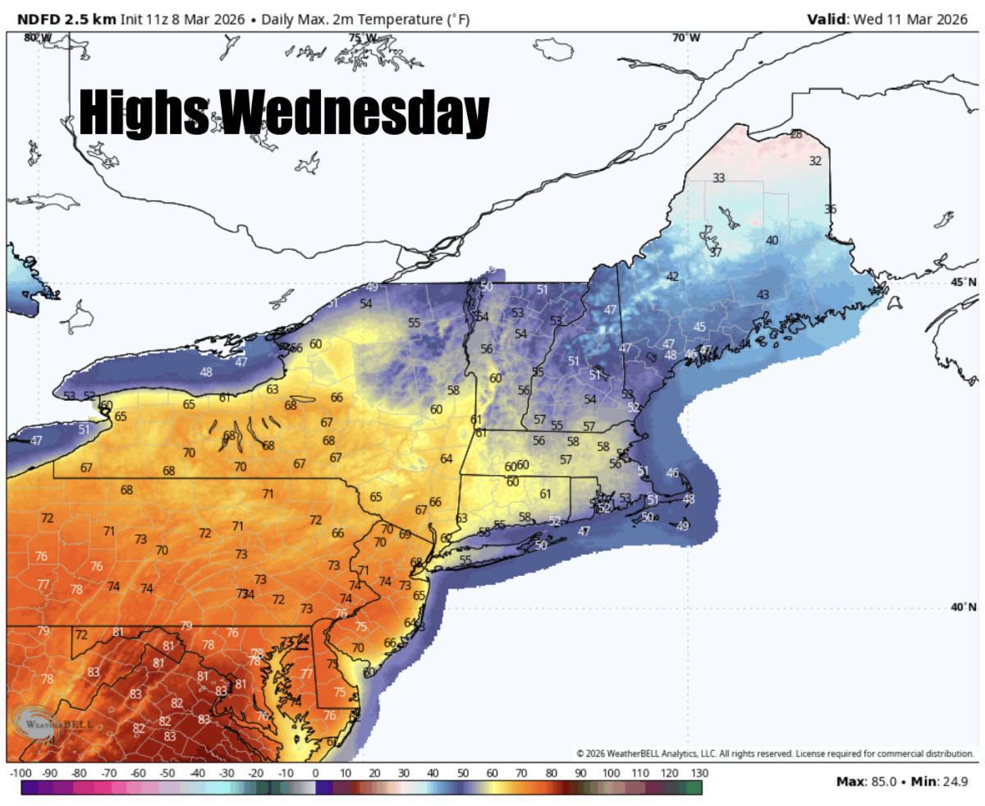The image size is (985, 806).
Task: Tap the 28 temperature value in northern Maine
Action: click(796, 134)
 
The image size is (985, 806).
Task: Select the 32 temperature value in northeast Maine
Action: click(815, 161)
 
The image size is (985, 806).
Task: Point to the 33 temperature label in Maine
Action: click(719, 177)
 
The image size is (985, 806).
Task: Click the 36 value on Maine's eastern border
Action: click(830, 209)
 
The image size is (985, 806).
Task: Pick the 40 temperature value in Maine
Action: click(772, 240)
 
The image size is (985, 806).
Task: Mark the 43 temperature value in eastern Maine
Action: click(763, 294)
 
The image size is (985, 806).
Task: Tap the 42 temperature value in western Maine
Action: click(672, 277)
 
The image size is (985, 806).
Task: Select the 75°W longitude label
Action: click(362, 38)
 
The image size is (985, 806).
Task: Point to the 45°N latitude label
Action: click(964, 282)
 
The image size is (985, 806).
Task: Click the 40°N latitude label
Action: click(964, 607)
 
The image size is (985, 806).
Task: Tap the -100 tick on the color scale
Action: click(20, 773)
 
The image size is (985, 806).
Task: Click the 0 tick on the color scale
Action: click(315, 773)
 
